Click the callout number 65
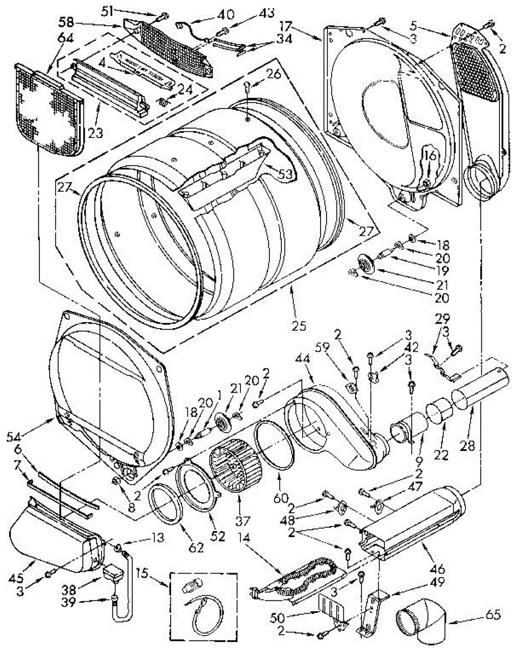495,622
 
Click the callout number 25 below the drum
299,325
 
